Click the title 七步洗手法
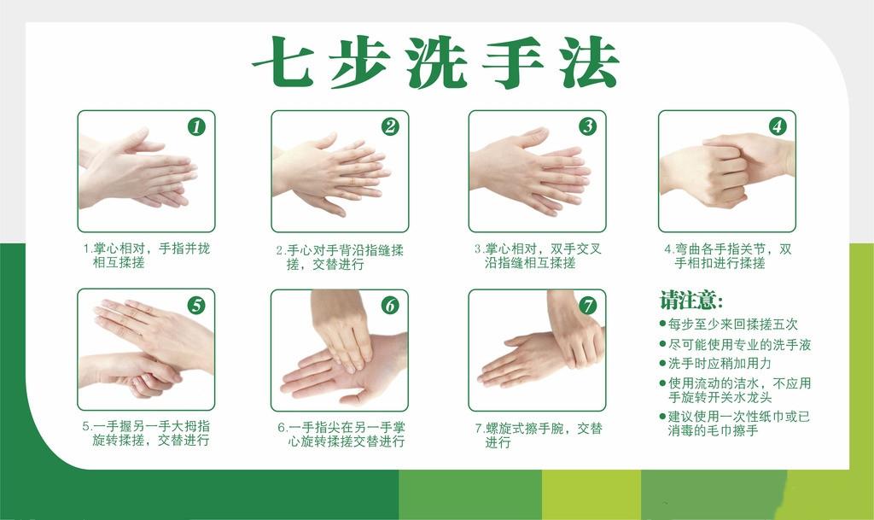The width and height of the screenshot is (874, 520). click(435, 63)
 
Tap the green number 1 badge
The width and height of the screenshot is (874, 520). click(196, 127)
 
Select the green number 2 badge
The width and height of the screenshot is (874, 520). click(390, 127)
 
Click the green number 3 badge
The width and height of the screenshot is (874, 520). click(587, 127)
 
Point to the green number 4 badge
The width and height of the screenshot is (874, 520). click(777, 126)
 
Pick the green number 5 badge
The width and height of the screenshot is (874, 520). click(196, 305)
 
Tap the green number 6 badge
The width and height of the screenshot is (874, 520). click(390, 305)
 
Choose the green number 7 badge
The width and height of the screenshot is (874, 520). click(587, 305)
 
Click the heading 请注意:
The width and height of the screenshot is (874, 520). click(690, 301)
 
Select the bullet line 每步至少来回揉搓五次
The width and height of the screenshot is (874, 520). click(733, 324)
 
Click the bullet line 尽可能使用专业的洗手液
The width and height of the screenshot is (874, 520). click(739, 344)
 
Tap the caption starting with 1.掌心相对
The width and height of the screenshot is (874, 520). click(146, 255)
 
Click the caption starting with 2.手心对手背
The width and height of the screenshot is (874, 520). click(339, 257)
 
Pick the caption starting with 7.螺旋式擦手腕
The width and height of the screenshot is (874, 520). click(538, 435)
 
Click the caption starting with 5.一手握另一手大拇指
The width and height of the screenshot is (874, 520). click(146, 433)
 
